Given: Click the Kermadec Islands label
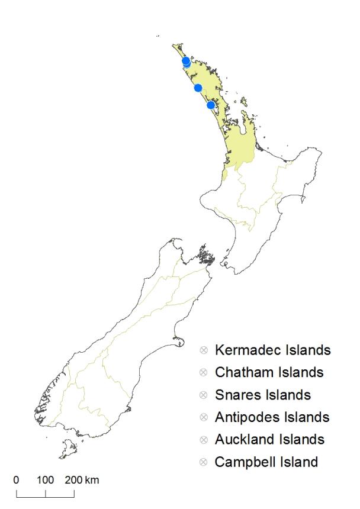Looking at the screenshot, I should [272, 350].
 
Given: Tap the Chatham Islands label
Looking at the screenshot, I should [269, 373].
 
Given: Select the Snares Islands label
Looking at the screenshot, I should [263, 395].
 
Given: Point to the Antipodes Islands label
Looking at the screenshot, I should [272, 417].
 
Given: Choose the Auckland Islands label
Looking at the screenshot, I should [269, 439].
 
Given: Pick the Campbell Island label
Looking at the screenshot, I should [266, 462].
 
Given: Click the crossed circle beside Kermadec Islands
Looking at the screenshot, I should [204, 350].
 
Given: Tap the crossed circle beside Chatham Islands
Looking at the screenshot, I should [204, 373].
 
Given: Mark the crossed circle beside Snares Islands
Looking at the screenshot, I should [204, 395].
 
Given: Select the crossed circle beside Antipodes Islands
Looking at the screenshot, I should [204, 417].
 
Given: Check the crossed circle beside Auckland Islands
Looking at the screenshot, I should [204, 439].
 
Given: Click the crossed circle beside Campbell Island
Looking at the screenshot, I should [204, 462].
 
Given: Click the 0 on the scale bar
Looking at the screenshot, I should [16, 479].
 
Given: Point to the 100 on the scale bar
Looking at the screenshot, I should [46, 479].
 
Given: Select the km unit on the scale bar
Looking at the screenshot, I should [92, 479].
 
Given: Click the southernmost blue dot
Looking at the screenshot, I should [211, 105].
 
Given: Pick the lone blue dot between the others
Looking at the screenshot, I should [198, 88].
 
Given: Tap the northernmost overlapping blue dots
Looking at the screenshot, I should [186, 61].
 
